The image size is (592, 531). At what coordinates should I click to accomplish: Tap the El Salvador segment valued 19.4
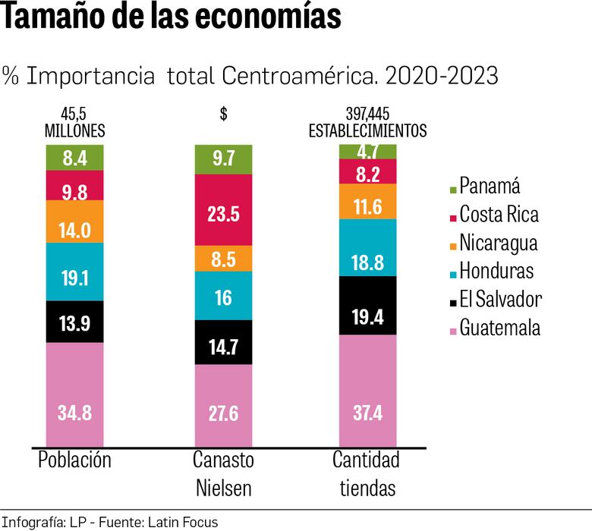(367, 305)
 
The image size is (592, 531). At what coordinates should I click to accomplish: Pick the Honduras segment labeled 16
(223, 296)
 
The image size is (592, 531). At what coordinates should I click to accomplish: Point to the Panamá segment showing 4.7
(367, 151)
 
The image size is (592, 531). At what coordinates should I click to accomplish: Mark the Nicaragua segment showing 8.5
(223, 259)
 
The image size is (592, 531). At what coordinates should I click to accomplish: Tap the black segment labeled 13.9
(74, 322)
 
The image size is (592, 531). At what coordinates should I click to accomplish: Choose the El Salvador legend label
(501, 299)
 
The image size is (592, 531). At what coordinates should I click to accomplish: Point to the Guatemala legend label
(500, 328)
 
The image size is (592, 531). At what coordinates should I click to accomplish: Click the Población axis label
(74, 460)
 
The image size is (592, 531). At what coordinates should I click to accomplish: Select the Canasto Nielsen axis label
(223, 473)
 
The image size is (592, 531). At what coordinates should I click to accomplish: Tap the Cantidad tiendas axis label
(367, 473)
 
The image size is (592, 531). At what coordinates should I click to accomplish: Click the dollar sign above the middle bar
(223, 115)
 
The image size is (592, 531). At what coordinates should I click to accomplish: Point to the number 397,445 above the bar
(367, 115)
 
